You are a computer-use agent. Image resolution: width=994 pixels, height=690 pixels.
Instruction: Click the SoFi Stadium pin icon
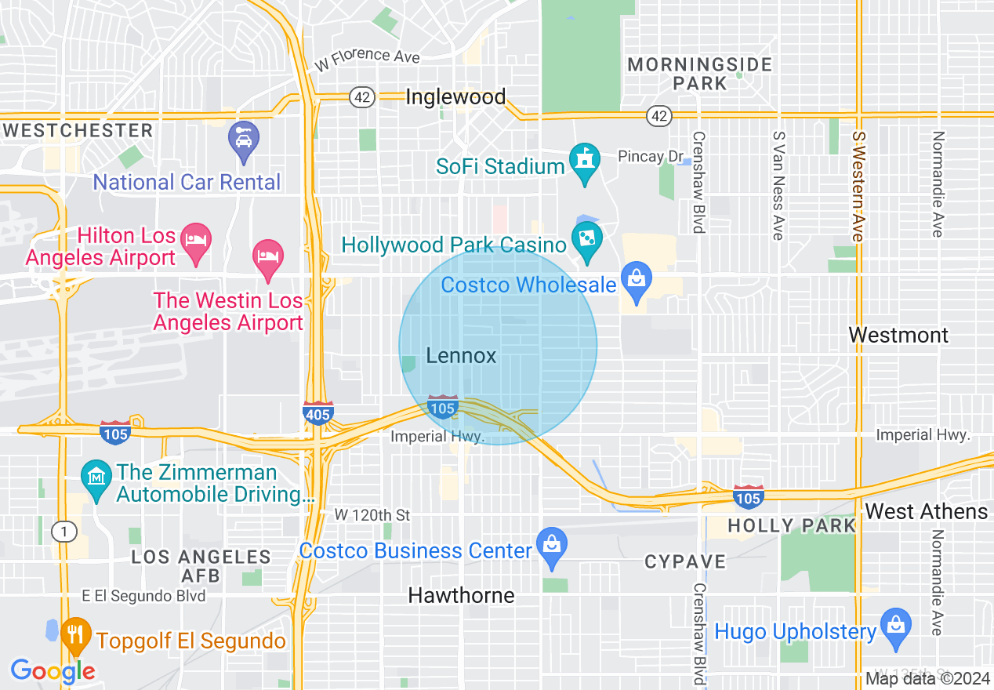pos(584,161)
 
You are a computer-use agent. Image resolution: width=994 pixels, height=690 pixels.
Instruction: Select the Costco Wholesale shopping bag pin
pos(636,280)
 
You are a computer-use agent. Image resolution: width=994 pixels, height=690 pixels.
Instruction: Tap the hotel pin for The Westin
pos(268,257)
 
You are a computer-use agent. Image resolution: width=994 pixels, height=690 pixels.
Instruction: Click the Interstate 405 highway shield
pos(317,412)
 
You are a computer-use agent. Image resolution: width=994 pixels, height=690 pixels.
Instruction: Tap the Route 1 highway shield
pos(63,532)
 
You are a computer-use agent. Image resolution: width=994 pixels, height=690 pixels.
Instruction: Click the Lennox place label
pos(461,356)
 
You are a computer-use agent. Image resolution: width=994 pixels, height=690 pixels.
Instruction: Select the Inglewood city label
pos(455,97)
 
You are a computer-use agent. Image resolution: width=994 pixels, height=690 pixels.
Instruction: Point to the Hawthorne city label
pos(461,596)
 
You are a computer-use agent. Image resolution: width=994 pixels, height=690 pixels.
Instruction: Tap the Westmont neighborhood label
pos(898,336)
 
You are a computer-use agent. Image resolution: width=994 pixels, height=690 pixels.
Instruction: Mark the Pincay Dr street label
pos(651,157)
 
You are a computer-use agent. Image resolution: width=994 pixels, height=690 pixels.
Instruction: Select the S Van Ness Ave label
pos(778,185)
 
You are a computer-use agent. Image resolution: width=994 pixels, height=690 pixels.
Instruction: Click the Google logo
pos(53,671)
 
